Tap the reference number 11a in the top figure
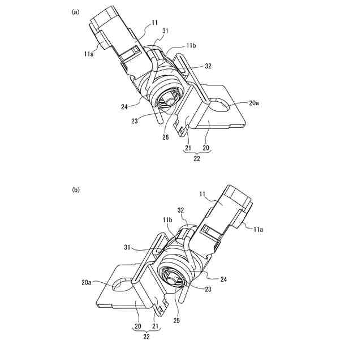coord(89,54)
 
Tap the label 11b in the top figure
coord(191,44)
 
